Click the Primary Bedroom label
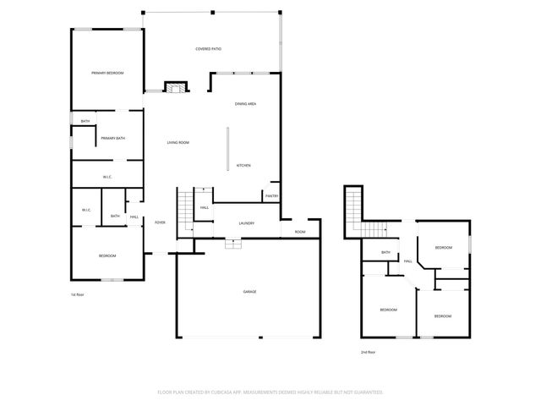click(x=107, y=74)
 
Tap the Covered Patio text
click(x=209, y=49)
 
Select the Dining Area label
click(x=245, y=103)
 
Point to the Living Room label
click(x=178, y=142)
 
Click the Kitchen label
click(x=243, y=165)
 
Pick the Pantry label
click(x=271, y=196)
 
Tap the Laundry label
click(x=247, y=223)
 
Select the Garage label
click(x=250, y=291)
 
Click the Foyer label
click(x=159, y=223)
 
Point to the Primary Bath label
click(x=113, y=138)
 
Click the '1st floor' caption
click(x=78, y=294)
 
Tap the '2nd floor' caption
click(x=368, y=352)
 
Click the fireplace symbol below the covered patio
click(x=175, y=87)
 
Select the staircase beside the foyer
click(x=185, y=206)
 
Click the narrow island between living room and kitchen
click(x=227, y=149)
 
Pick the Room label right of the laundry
click(x=299, y=232)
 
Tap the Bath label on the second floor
click(x=385, y=252)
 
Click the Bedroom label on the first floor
click(x=107, y=255)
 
